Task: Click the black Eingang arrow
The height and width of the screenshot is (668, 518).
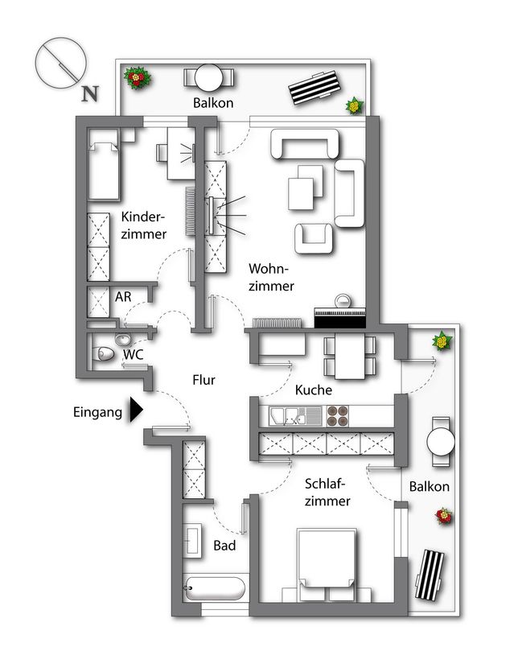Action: pyautogui.click(x=136, y=410)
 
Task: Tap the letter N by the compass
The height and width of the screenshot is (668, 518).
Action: pyautogui.click(x=90, y=93)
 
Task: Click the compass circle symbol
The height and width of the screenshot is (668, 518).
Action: pyautogui.click(x=60, y=63)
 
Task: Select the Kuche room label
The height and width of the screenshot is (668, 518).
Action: pyautogui.click(x=313, y=390)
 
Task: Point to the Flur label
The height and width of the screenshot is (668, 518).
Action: pyautogui.click(x=203, y=380)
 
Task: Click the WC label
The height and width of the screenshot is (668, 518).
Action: pyautogui.click(x=134, y=354)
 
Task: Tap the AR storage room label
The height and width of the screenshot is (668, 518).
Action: pyautogui.click(x=123, y=296)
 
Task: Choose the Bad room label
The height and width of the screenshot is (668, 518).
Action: pyautogui.click(x=224, y=546)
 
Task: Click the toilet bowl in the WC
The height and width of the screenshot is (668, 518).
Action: pyautogui.click(x=103, y=353)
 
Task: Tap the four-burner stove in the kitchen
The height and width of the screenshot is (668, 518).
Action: pyautogui.click(x=338, y=416)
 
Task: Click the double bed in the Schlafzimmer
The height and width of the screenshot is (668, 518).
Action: pyautogui.click(x=327, y=565)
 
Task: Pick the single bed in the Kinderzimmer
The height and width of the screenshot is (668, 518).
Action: pyautogui.click(x=104, y=165)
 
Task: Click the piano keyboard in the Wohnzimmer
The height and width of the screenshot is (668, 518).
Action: pyautogui.click(x=340, y=316)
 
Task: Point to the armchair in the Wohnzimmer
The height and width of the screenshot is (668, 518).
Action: pyautogui.click(x=314, y=238)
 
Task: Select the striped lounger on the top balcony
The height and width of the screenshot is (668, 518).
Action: pyautogui.click(x=314, y=88)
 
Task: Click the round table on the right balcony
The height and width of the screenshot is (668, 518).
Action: pyautogui.click(x=441, y=442)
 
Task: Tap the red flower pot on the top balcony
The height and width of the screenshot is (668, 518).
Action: pyautogui.click(x=137, y=77)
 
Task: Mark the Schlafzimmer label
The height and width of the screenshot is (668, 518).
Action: pyautogui.click(x=327, y=492)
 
